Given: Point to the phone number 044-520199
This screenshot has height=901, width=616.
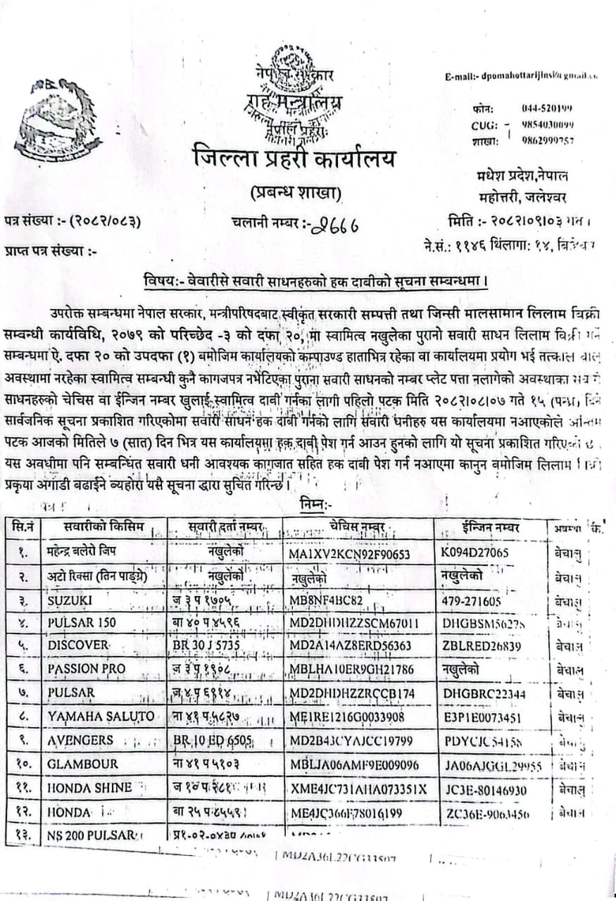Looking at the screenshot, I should click(x=546, y=108).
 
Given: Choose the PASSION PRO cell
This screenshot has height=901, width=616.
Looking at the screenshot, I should click(x=87, y=669).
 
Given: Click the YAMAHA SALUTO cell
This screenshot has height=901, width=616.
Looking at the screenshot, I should click(x=101, y=717).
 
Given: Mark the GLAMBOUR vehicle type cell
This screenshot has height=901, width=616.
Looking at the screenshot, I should click(x=83, y=764).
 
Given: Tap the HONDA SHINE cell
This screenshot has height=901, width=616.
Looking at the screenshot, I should click(x=89, y=788).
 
